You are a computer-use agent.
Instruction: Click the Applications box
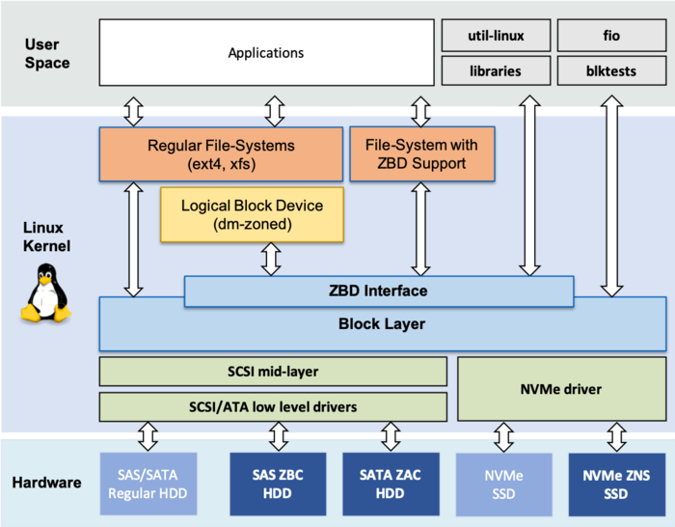(266, 53)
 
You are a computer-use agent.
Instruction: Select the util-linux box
(497, 36)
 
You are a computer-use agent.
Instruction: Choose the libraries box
(497, 70)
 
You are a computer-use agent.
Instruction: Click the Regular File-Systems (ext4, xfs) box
(221, 154)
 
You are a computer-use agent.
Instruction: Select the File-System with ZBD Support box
(421, 154)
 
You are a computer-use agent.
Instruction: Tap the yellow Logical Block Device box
(252, 214)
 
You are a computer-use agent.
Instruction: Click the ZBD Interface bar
(378, 291)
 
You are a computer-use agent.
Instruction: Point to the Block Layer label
(382, 324)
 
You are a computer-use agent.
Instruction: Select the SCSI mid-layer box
(273, 372)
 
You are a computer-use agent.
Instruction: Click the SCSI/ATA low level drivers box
(273, 406)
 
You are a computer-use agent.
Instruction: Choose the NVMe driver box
(548, 389)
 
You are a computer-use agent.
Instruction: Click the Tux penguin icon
(44, 295)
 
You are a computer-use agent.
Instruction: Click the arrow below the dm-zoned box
(271, 259)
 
